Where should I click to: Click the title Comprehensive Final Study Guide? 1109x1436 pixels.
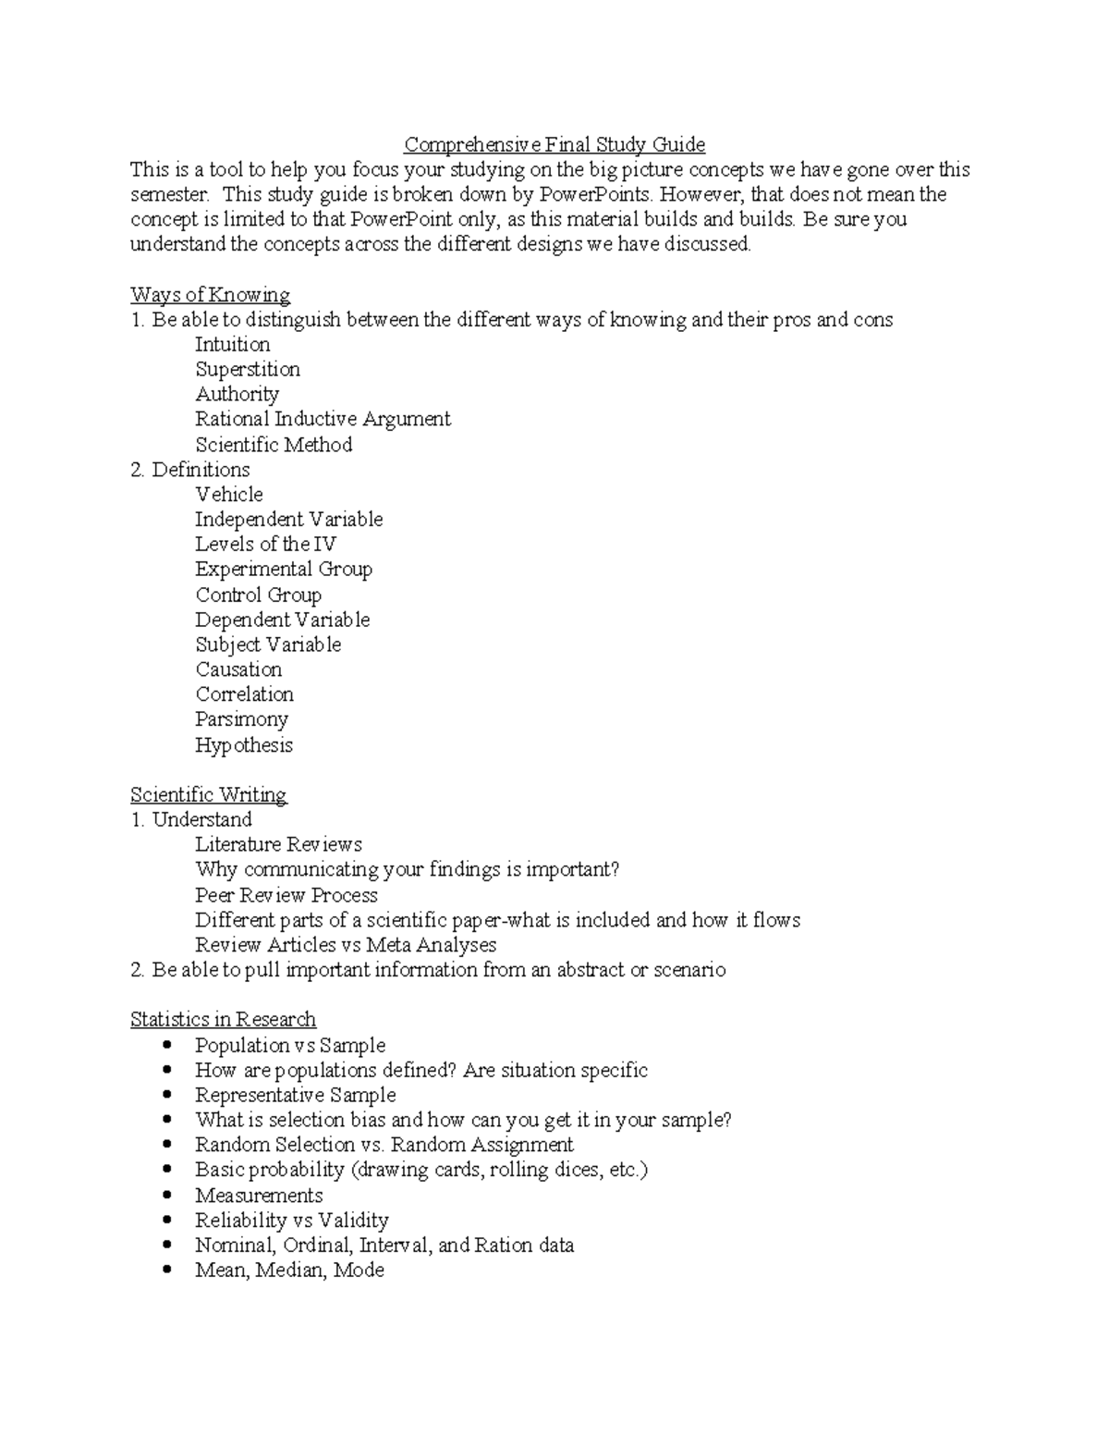(x=554, y=144)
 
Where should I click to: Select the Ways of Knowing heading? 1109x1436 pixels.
(x=210, y=295)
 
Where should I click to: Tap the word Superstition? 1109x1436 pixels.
(x=248, y=369)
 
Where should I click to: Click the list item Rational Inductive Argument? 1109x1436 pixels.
(x=323, y=419)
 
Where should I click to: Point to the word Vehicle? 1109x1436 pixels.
(x=229, y=495)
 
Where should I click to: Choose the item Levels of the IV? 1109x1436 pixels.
(x=265, y=545)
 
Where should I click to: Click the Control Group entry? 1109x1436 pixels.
(x=259, y=595)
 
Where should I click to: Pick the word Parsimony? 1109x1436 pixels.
(x=241, y=719)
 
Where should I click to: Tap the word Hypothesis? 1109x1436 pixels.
(x=244, y=745)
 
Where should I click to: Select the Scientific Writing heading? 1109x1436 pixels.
(x=209, y=795)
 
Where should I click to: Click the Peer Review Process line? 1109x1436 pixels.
(x=286, y=895)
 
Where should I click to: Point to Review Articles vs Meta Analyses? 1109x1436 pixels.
(x=346, y=945)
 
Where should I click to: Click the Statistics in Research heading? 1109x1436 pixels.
(x=223, y=1020)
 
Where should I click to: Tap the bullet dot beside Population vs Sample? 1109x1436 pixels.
(x=167, y=1045)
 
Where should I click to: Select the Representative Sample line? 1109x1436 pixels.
(x=296, y=1095)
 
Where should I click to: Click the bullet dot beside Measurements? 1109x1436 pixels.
(x=167, y=1195)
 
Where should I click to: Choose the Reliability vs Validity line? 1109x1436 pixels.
(x=292, y=1221)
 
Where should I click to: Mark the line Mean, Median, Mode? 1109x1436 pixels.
(x=289, y=1270)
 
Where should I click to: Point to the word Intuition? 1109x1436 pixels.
(x=233, y=345)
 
